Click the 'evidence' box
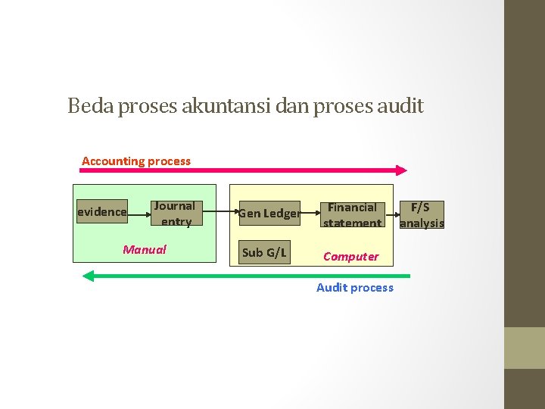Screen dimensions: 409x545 (x=102, y=212)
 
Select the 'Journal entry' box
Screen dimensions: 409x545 (x=175, y=214)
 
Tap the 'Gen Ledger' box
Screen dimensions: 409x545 (x=269, y=214)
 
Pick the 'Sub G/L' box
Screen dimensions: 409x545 (x=264, y=252)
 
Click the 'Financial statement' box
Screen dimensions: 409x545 (x=352, y=214)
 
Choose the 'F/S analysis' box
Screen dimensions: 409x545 (x=422, y=214)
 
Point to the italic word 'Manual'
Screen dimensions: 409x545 (x=145, y=249)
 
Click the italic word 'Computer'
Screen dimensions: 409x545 (x=350, y=256)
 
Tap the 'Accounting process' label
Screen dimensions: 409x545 (x=136, y=161)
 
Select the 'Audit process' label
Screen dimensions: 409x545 (x=355, y=287)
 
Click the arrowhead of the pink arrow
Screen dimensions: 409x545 (x=402, y=170)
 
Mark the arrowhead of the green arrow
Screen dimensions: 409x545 (x=88, y=276)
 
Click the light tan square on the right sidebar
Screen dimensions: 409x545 (x=525, y=348)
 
